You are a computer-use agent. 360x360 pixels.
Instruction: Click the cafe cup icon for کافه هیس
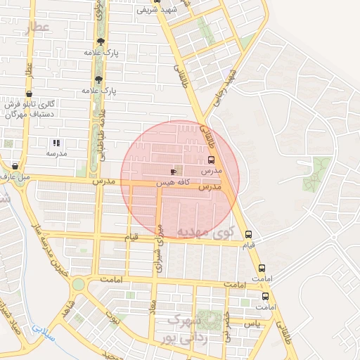pos(173,171)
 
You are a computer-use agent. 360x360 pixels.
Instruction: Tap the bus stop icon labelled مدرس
pos(212,160)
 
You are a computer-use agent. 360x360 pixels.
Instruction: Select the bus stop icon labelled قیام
pos(247,235)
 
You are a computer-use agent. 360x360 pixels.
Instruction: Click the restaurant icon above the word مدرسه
pos(56,143)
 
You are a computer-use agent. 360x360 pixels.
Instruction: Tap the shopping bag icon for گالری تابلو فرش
pos(29,94)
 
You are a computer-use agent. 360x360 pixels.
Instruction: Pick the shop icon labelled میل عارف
pos(15,167)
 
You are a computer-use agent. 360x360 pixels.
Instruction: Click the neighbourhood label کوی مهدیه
pos(205,232)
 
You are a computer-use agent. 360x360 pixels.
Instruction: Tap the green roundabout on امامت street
pos(77,284)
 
